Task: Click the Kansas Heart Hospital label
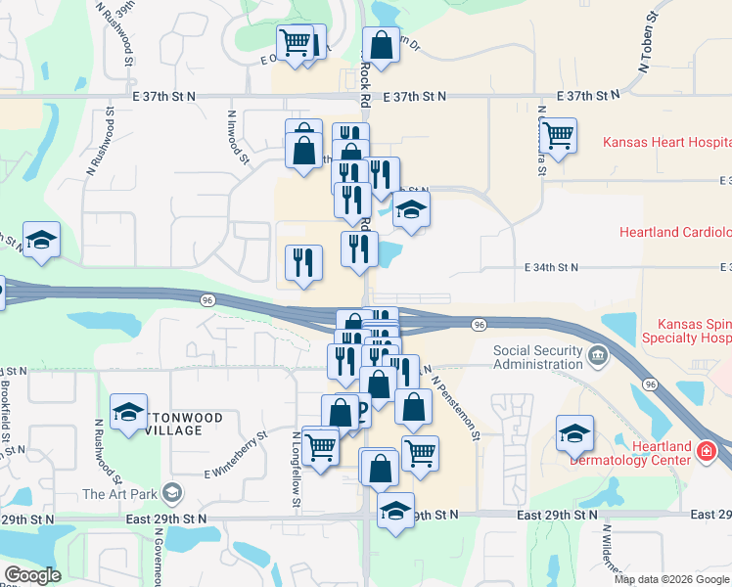click(666, 142)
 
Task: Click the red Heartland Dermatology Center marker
click(707, 451)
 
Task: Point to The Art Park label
click(121, 494)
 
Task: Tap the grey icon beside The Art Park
click(173, 492)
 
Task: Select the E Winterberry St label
click(235, 455)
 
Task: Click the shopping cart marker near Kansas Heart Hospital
click(558, 135)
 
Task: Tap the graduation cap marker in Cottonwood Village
click(127, 414)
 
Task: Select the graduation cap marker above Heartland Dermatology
click(574, 432)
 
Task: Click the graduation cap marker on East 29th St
click(395, 512)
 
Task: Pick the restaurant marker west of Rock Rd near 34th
click(303, 261)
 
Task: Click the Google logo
click(32, 575)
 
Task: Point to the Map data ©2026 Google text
click(670, 579)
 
